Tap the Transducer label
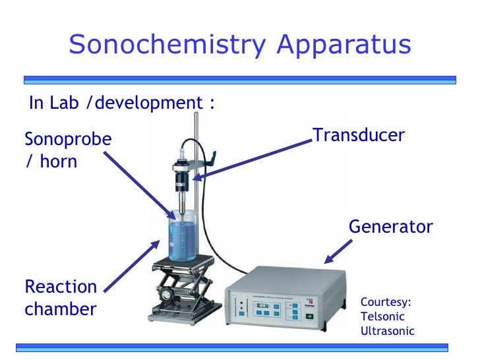(x=359, y=135)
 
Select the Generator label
(x=390, y=227)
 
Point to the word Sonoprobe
(x=68, y=140)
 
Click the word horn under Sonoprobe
(x=58, y=161)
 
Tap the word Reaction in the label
(x=61, y=287)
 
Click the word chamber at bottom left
(x=61, y=309)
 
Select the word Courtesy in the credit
(x=386, y=302)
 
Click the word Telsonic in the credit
(x=382, y=316)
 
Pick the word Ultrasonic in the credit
(x=388, y=331)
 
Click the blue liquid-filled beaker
(x=181, y=237)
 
